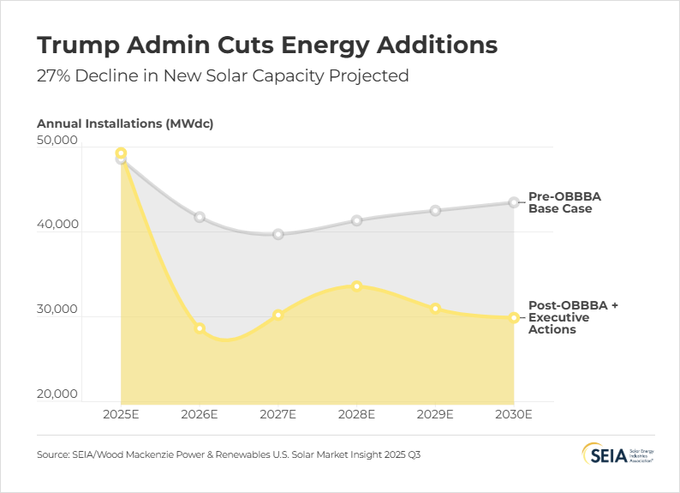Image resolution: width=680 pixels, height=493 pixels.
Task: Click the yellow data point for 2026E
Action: [200, 328]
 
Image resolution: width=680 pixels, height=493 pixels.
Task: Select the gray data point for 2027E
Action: [278, 234]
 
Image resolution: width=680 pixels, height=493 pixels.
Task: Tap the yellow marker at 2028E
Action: [357, 286]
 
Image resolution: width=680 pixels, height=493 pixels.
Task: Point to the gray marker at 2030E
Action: [514, 202]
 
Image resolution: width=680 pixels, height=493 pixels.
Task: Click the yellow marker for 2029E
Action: [435, 309]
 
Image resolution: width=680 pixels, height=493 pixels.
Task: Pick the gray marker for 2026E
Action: [200, 217]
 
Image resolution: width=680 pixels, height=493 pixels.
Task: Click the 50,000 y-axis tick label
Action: [58, 140]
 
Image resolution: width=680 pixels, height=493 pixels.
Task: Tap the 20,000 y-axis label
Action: [58, 394]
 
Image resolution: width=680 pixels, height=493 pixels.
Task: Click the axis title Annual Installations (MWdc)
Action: [125, 123]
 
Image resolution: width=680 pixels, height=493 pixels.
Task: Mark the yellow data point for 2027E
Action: [278, 315]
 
